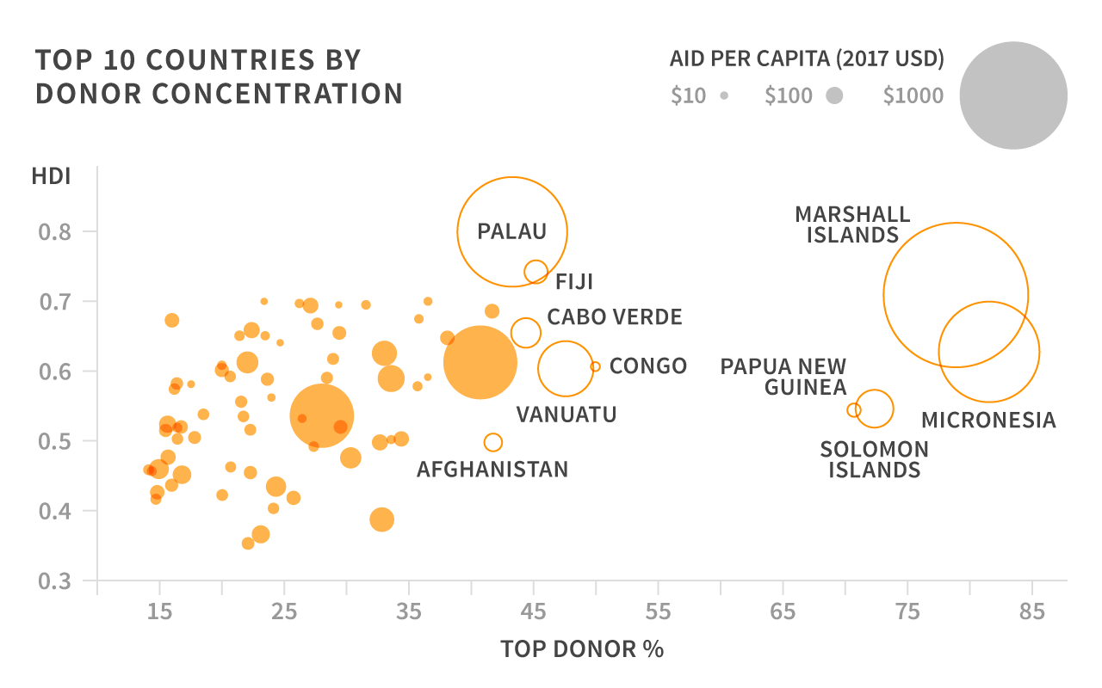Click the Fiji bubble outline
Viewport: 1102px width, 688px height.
point(536,272)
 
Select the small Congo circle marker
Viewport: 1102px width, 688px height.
point(595,366)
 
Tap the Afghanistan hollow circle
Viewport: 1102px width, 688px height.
point(492,442)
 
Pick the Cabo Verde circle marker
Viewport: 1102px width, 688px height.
point(525,332)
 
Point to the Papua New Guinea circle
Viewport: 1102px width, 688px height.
point(853,410)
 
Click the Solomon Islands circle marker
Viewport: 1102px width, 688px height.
point(875,408)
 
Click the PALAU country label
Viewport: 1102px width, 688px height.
point(512,231)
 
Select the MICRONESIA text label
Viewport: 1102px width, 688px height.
point(987,421)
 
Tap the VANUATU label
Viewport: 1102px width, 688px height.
point(566,415)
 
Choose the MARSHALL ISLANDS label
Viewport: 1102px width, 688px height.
point(852,224)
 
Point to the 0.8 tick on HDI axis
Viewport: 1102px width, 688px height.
point(54,231)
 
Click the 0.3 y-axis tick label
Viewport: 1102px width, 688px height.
point(54,580)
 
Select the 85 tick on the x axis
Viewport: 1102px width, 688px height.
point(1032,612)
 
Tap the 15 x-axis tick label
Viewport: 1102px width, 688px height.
point(159,612)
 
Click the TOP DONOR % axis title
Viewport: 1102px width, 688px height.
point(582,649)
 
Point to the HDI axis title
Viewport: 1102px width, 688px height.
point(51,178)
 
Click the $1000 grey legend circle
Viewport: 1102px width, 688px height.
point(1013,95)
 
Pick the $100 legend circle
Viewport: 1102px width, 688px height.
point(833,96)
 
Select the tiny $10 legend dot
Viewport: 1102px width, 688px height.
point(725,96)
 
